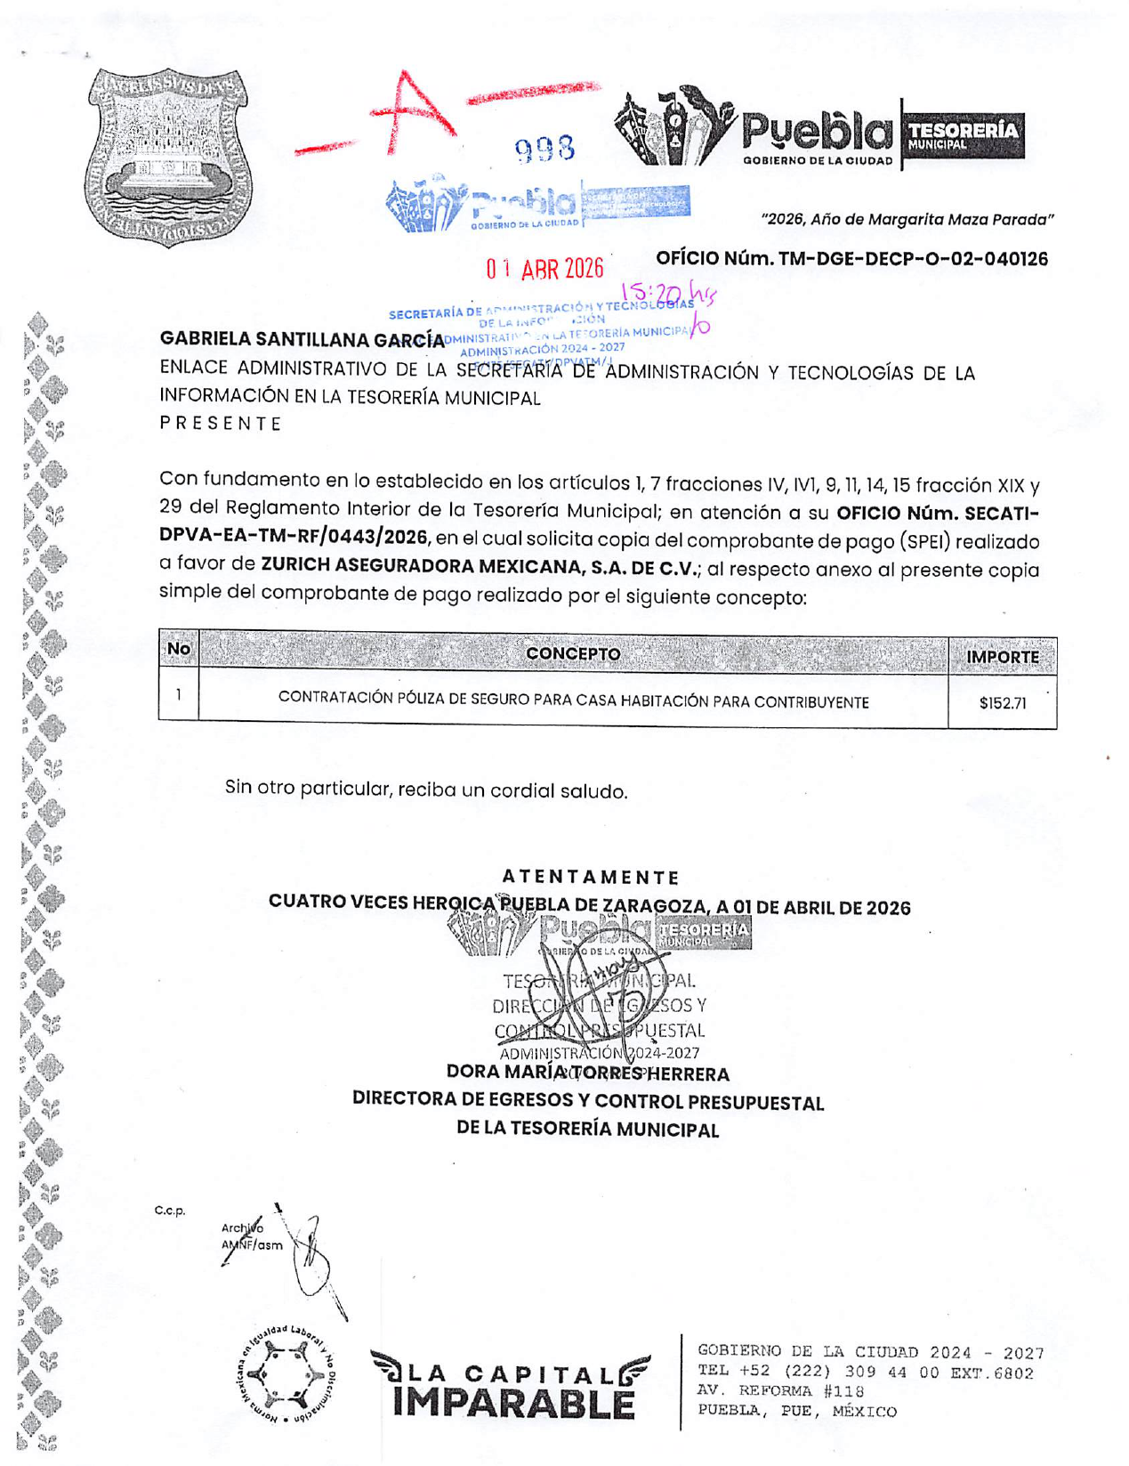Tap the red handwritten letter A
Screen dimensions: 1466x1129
pyautogui.click(x=414, y=111)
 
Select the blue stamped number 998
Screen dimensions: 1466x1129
pyautogui.click(x=544, y=149)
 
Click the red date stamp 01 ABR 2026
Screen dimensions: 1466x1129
pyautogui.click(x=544, y=268)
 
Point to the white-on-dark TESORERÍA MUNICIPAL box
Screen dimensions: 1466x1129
pyautogui.click(x=963, y=134)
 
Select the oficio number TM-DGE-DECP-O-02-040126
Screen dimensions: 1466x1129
pyautogui.click(x=851, y=259)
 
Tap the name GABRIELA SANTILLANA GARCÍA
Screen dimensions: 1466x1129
pyautogui.click(x=302, y=339)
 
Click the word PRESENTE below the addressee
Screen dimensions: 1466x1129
pyautogui.click(x=221, y=424)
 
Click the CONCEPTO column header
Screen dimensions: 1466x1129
pyautogui.click(x=573, y=654)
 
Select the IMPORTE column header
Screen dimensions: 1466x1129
pyautogui.click(x=1002, y=657)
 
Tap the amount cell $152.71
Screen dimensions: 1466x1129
pyautogui.click(x=1002, y=703)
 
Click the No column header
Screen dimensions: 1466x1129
pyautogui.click(x=178, y=649)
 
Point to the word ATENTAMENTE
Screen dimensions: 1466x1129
pyautogui.click(x=590, y=878)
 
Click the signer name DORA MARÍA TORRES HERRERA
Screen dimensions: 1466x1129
pyautogui.click(x=587, y=1073)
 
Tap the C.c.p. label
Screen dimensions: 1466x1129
pyautogui.click(x=169, y=1211)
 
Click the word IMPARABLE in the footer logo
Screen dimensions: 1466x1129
pyautogui.click(x=513, y=1404)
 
